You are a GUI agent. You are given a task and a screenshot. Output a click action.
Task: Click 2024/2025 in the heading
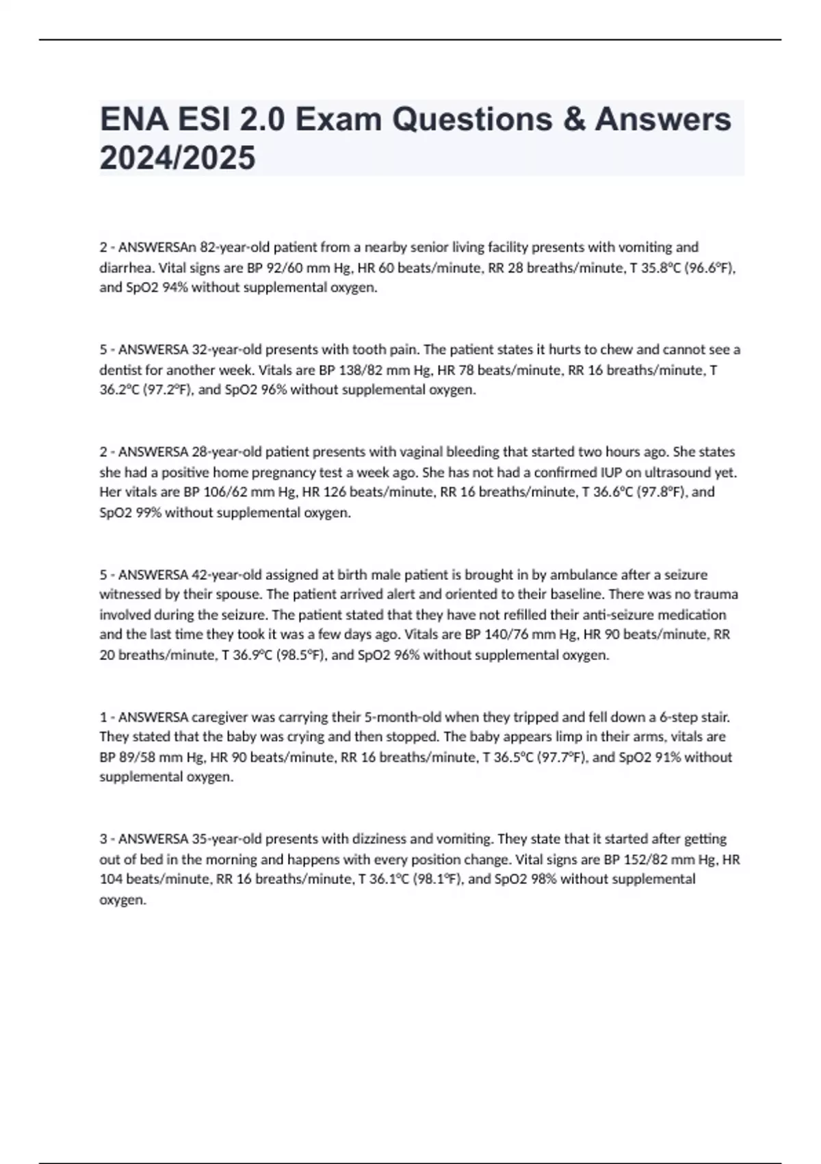(x=177, y=158)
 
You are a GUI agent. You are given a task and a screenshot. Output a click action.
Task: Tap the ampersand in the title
(x=574, y=119)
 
